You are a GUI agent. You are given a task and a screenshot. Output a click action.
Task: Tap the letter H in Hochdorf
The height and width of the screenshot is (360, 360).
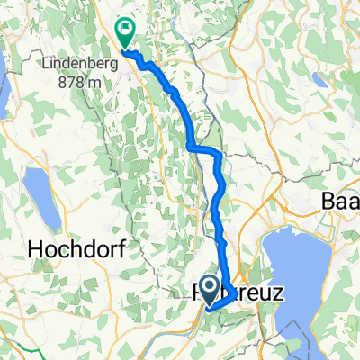(x=35, y=247)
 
